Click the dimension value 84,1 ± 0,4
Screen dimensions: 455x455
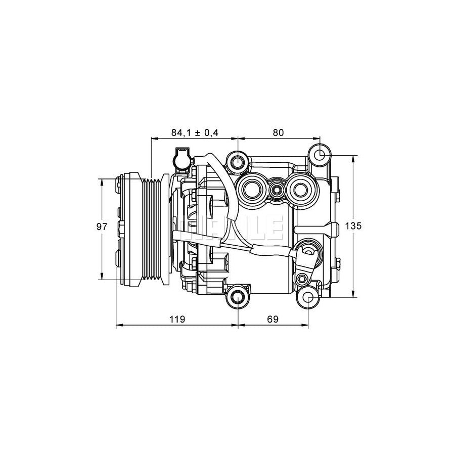click(x=194, y=132)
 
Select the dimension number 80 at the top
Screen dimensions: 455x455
click(x=279, y=132)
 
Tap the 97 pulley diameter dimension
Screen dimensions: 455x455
click(x=102, y=227)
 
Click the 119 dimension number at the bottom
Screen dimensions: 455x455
click(x=176, y=319)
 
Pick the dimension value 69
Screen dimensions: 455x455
click(x=272, y=319)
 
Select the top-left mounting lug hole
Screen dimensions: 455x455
click(x=238, y=162)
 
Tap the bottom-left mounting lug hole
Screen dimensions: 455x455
click(x=238, y=298)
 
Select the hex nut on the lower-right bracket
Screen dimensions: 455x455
click(x=302, y=279)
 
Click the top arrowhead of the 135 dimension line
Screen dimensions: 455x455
click(x=353, y=157)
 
